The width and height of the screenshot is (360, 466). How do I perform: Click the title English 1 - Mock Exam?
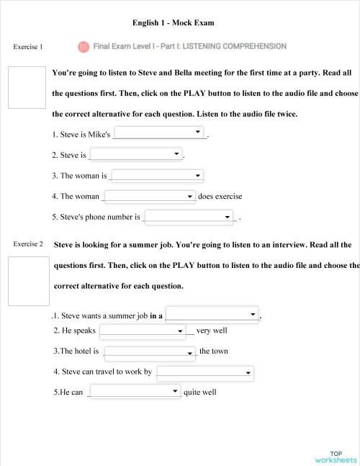pyautogui.click(x=174, y=23)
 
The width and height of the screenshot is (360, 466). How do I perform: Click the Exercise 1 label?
pyautogui.click(x=28, y=47)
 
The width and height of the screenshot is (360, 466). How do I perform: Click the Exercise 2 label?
pyautogui.click(x=28, y=244)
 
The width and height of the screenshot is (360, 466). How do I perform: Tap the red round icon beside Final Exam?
pyautogui.click(x=83, y=46)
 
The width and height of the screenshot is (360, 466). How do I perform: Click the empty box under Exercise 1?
pyautogui.click(x=27, y=87)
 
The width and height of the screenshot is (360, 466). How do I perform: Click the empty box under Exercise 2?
pyautogui.click(x=28, y=281)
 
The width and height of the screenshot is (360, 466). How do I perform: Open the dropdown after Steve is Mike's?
pyautogui.click(x=159, y=133)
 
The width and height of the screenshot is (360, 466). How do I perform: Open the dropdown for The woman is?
pyautogui.click(x=157, y=175)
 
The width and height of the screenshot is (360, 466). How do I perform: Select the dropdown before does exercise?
pyautogui.click(x=150, y=196)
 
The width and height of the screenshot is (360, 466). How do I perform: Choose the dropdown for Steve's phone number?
pyautogui.click(x=190, y=216)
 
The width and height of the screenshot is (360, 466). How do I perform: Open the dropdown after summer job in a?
pyautogui.click(x=212, y=315)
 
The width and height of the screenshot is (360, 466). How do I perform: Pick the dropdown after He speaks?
pyautogui.click(x=143, y=331)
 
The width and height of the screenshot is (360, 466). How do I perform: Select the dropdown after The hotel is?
pyautogui.click(x=150, y=352)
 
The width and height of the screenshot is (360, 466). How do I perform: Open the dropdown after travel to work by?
pyautogui.click(x=205, y=372)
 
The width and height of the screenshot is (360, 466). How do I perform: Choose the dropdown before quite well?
pyautogui.click(x=135, y=392)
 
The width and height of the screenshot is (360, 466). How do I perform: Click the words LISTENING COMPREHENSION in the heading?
pyautogui.click(x=234, y=46)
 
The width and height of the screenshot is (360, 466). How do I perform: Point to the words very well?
pyautogui.click(x=212, y=331)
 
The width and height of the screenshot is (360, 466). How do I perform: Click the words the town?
pyautogui.click(x=214, y=351)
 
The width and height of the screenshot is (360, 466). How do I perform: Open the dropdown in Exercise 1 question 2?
pyautogui.click(x=136, y=154)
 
